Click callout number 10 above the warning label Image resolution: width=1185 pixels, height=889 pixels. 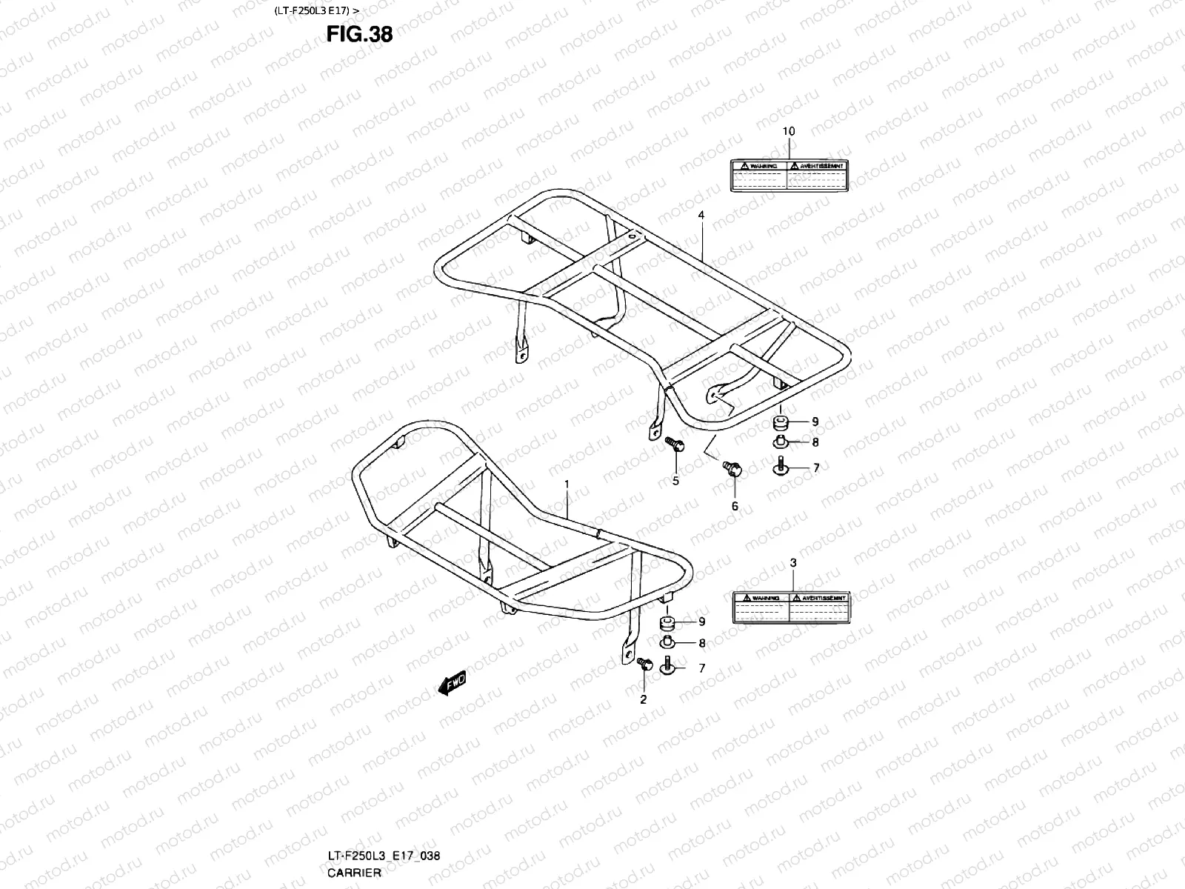pos(789,131)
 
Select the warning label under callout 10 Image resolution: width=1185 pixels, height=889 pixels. pos(788,176)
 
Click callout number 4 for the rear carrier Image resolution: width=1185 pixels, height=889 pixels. pos(701,215)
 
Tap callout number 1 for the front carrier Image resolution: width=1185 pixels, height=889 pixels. pos(567,484)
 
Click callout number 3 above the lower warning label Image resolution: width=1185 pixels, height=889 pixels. pos(792,563)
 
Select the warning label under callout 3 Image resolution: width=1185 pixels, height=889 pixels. pos(790,608)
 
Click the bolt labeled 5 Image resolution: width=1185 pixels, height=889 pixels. pos(675,445)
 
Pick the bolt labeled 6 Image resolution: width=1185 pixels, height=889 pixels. pos(732,470)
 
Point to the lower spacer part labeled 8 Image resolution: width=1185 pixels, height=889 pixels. pos(669,642)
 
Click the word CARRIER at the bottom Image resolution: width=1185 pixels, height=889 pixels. pos(354,872)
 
